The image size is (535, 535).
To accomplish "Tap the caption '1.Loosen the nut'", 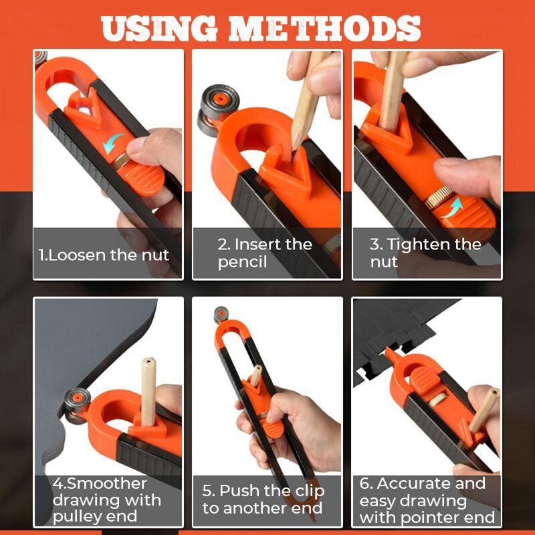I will pyautogui.click(x=104, y=255).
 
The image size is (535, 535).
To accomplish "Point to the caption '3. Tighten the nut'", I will pyautogui.click(x=425, y=253).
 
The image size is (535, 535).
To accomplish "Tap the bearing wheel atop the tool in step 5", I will pyautogui.click(x=221, y=314).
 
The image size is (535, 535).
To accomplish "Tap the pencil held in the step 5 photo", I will pyautogui.click(x=256, y=377).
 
